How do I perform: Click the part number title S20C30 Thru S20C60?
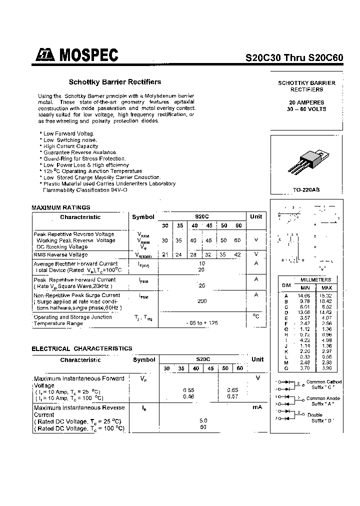pos(294,57)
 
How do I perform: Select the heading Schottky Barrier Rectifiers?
pos(114,82)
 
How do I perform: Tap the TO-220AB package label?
pos(306,190)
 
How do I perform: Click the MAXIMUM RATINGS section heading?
pos(61,207)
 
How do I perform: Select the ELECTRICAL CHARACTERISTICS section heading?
pos(82,348)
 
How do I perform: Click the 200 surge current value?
pos(202,301)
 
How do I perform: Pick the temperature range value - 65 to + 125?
pos(202,323)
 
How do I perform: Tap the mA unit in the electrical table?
pos(257,407)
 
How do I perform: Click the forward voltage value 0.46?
pos(188,396)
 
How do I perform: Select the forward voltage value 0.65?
pos(232,390)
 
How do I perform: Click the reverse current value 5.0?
pos(203,421)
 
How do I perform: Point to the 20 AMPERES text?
pos(306,102)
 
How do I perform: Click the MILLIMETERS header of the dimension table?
pos(314,280)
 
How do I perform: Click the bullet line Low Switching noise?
pos(69,140)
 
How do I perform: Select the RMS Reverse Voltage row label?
pos(60,254)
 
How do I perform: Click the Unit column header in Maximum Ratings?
pos(256,217)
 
